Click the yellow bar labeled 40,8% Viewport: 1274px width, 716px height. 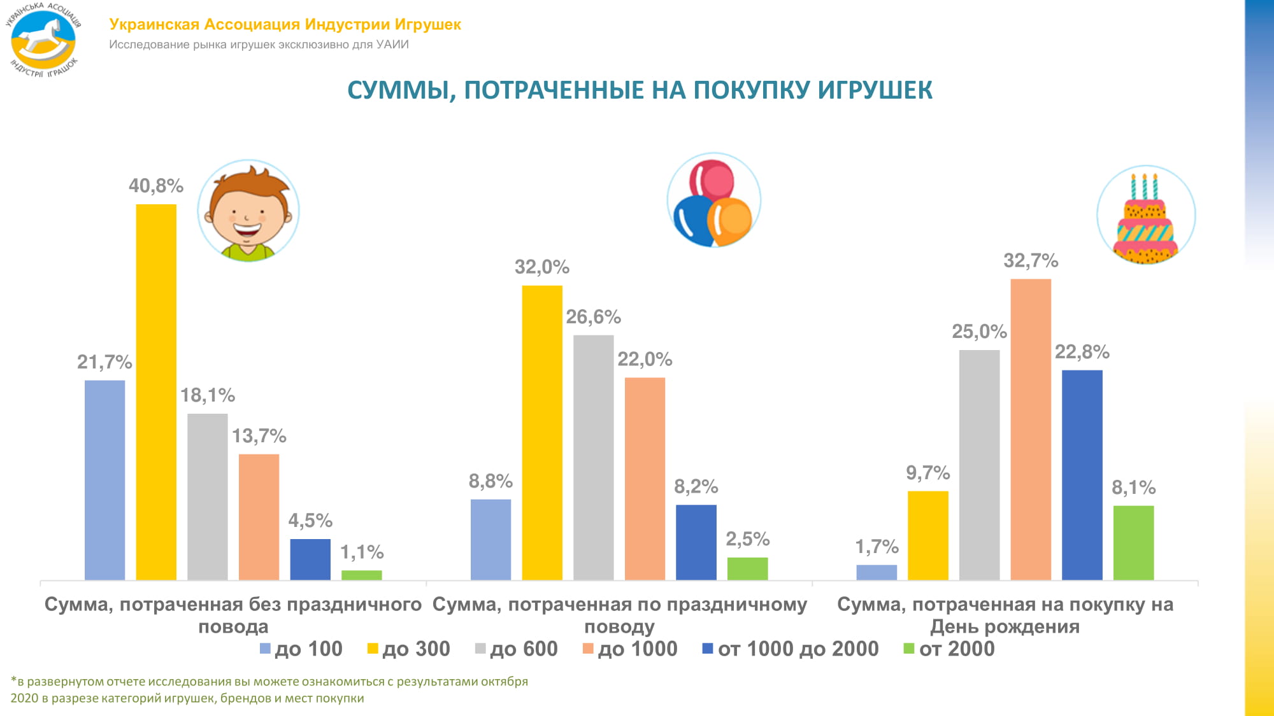[156, 391]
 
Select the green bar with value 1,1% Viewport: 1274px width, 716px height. [361, 575]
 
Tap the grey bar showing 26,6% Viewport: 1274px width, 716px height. [593, 457]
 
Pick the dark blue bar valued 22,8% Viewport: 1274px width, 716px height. [1082, 474]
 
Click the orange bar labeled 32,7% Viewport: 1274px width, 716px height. [1030, 429]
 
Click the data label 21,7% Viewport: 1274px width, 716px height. [104, 362]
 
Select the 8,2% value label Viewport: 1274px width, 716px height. [696, 487]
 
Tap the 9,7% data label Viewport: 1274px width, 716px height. [927, 473]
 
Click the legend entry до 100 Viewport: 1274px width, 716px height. [301, 649]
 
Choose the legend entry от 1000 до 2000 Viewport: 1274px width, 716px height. [791, 649]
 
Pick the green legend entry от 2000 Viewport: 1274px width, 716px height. [949, 649]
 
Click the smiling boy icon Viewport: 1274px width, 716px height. [248, 212]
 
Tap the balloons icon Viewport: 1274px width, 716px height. [713, 200]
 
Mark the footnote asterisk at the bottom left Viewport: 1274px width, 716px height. [13, 680]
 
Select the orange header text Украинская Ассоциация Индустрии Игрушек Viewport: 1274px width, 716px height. [285, 25]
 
